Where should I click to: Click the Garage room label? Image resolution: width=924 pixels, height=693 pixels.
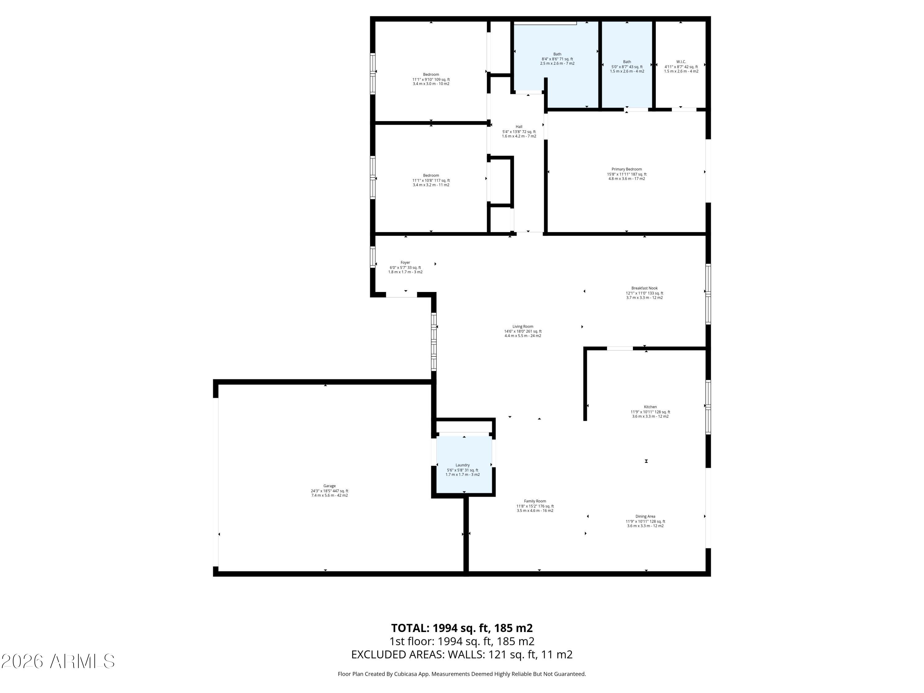(329, 486)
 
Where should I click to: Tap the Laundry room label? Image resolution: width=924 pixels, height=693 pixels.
(462, 465)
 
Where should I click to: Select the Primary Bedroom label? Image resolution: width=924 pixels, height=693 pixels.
(626, 169)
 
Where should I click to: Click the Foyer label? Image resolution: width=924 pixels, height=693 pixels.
(405, 262)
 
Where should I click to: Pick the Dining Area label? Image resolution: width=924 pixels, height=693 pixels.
(645, 516)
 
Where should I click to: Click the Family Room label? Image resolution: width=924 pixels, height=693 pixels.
(535, 501)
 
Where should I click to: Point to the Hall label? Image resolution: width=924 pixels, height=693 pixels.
(519, 127)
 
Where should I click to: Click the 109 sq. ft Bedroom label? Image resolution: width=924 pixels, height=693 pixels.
(431, 74)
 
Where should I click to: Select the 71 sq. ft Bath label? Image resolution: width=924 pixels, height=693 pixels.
(557, 54)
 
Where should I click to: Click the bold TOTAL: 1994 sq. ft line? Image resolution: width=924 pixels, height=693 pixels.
(462, 628)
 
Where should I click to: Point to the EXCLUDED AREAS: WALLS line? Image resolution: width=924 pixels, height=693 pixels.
(462, 654)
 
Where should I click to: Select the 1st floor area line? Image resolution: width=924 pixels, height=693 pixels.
(462, 641)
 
